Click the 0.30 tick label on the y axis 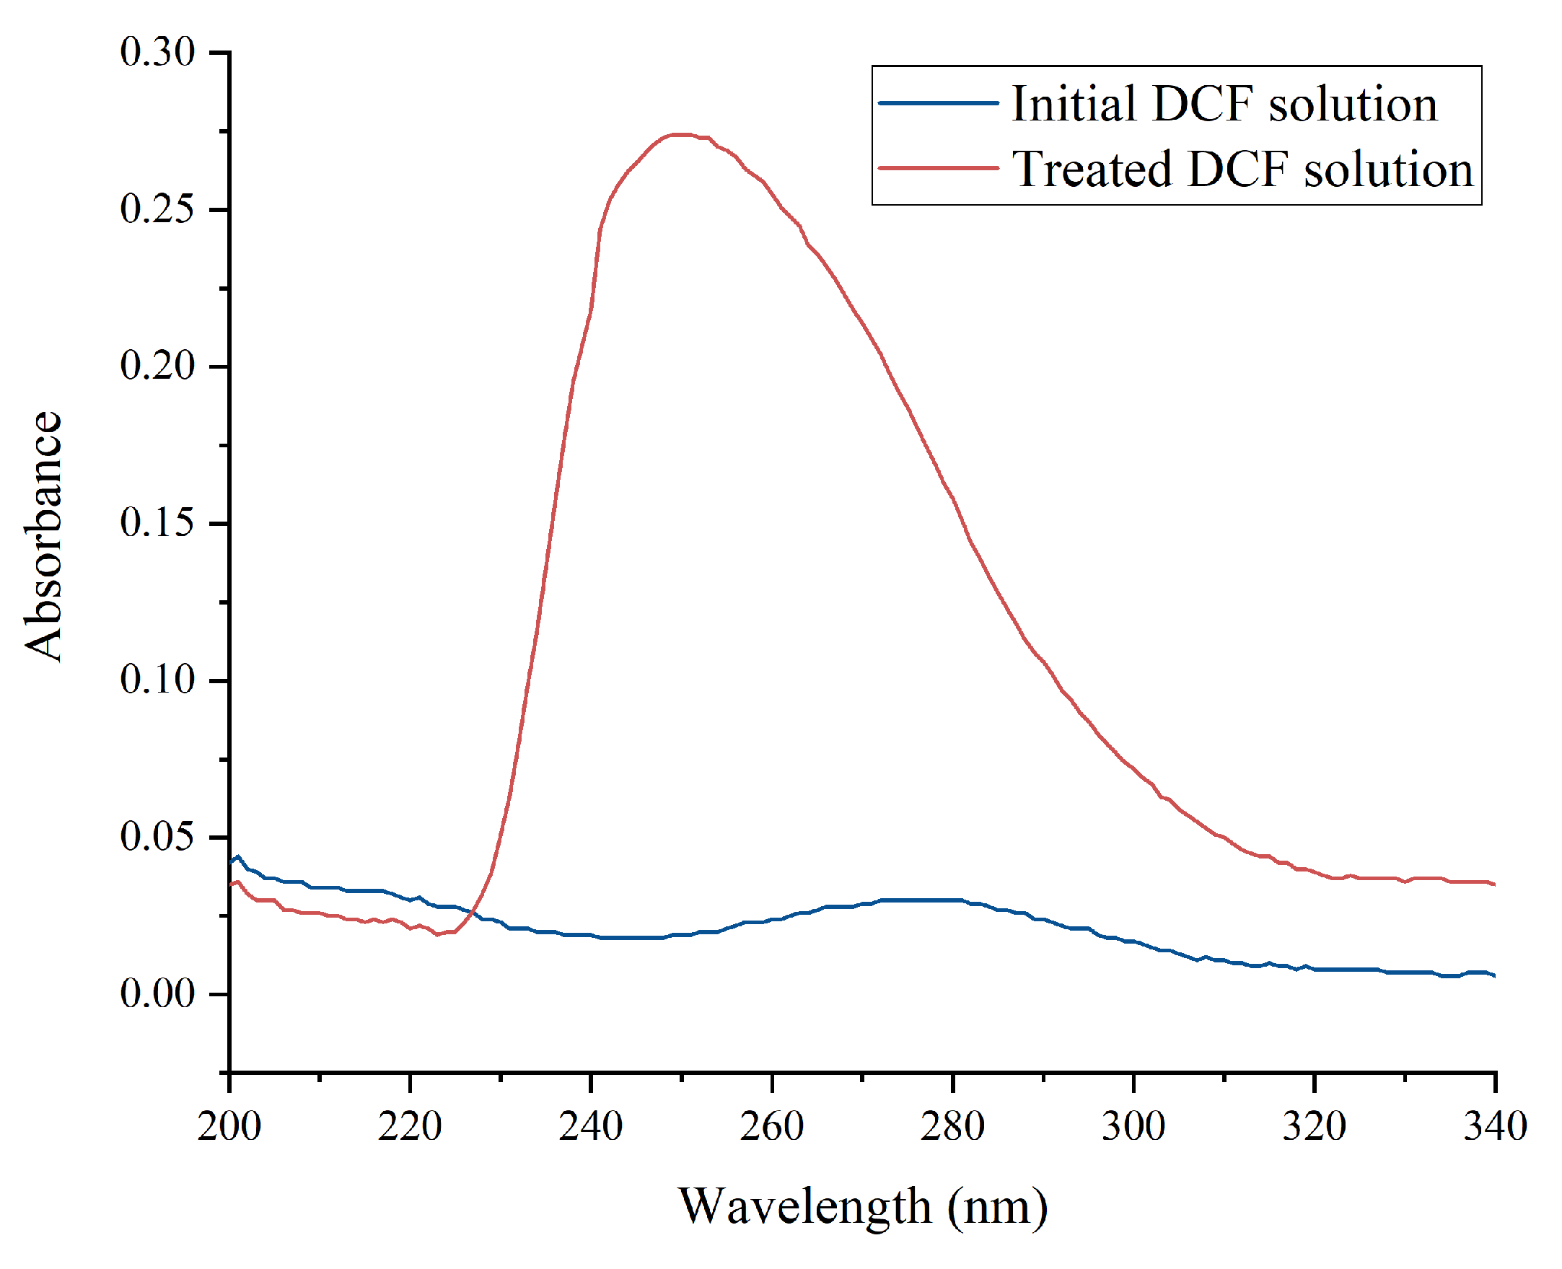coord(157,53)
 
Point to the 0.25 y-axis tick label coord(157,210)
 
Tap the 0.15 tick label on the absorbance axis coord(157,522)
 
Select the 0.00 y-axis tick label coord(157,993)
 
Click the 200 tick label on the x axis coord(229,1126)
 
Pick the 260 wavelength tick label coord(771,1126)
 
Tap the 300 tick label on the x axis coord(1133,1126)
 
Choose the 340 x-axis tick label coord(1495,1126)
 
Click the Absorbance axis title coord(44,536)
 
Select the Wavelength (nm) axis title coord(862,1207)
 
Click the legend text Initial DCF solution coord(1224,104)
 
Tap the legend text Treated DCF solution coord(1242,170)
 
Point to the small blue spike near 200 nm coord(237,856)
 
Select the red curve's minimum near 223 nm coord(437,934)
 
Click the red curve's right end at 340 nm coord(1494,884)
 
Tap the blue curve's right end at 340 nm coord(1494,976)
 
